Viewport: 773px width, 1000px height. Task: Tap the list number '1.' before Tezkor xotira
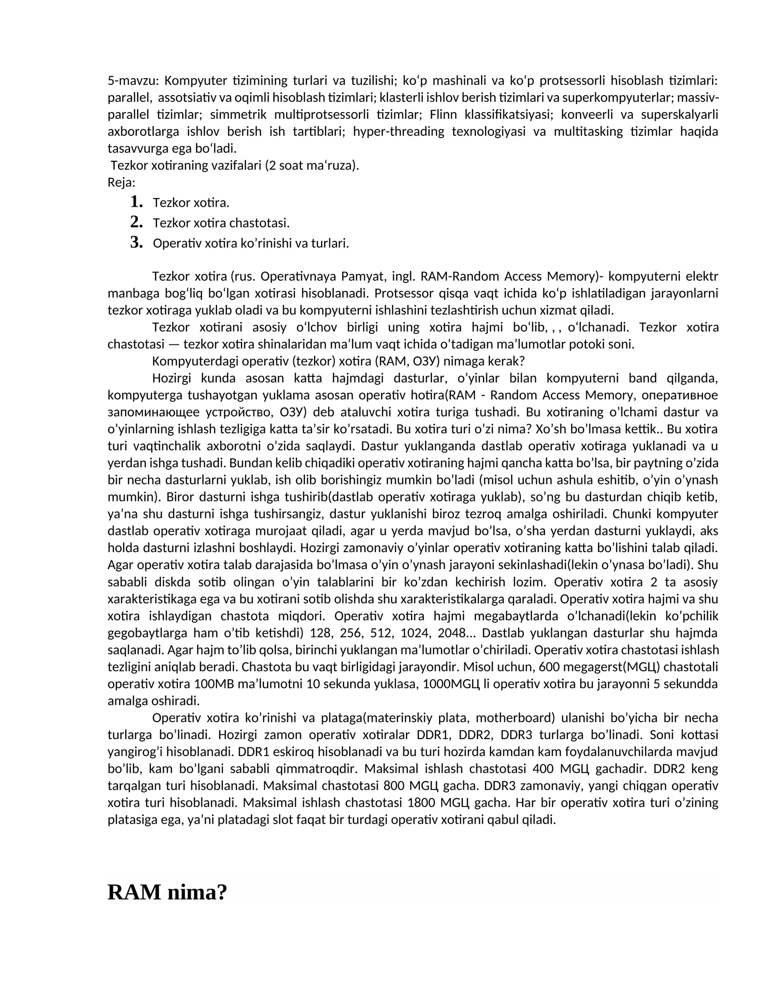[x=136, y=201]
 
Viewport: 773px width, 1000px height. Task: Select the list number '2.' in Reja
[x=136, y=222]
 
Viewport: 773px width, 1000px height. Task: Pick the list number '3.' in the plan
[x=136, y=242]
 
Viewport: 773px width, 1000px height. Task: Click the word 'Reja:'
[x=121, y=183]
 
